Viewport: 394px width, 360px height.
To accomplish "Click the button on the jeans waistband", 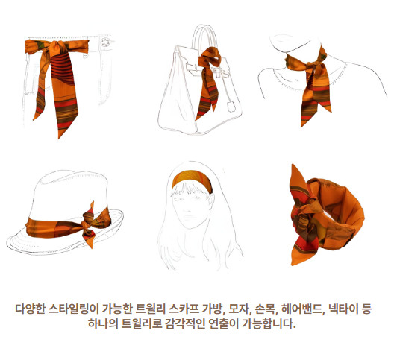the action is [x=105, y=42].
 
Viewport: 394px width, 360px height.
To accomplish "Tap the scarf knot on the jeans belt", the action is [x=57, y=48].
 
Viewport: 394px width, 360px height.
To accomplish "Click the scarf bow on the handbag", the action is [x=209, y=58].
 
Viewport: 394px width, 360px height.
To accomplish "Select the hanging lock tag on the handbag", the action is [x=231, y=107].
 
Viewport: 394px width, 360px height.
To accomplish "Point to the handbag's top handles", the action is [x=204, y=38].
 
